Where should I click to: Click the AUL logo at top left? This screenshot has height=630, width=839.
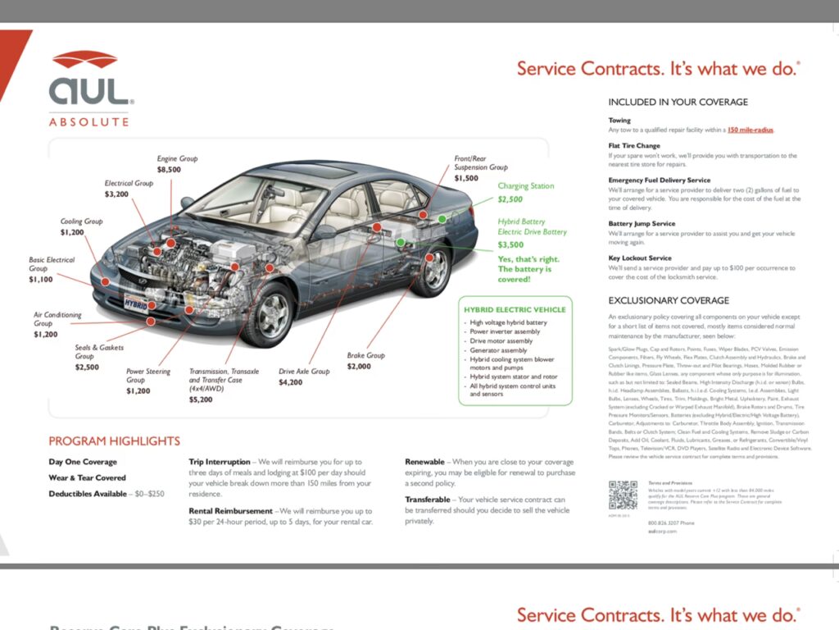pyautogui.click(x=90, y=86)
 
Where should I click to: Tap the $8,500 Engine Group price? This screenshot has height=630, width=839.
pyautogui.click(x=169, y=170)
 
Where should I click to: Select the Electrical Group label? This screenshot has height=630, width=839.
pyautogui.click(x=129, y=183)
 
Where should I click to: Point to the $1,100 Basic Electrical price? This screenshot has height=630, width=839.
pyautogui.click(x=40, y=280)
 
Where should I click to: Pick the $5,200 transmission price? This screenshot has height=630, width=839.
pyautogui.click(x=201, y=399)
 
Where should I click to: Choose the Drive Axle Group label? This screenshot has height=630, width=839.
pyautogui.click(x=304, y=372)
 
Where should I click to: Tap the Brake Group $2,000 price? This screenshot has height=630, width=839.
pyautogui.click(x=359, y=367)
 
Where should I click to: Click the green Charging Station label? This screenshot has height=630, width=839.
pyautogui.click(x=525, y=186)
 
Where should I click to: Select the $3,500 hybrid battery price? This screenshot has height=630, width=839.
pyautogui.click(x=510, y=244)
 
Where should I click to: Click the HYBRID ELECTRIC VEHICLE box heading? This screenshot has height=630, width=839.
pyautogui.click(x=515, y=309)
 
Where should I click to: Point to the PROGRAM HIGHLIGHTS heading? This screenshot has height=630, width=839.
pyautogui.click(x=114, y=441)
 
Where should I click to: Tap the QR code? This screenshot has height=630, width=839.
pyautogui.click(x=623, y=495)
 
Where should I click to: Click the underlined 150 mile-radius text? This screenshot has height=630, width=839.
pyautogui.click(x=750, y=130)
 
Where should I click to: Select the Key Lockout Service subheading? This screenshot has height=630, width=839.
pyautogui.click(x=640, y=258)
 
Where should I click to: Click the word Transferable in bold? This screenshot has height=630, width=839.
pyautogui.click(x=428, y=500)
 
